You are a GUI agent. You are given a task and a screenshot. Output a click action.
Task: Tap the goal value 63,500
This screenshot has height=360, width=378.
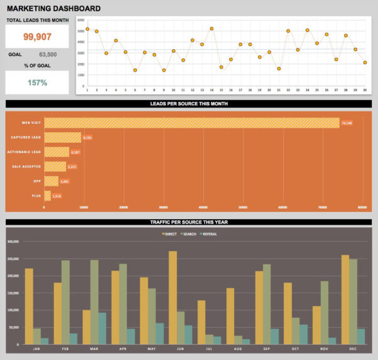pos(48,55)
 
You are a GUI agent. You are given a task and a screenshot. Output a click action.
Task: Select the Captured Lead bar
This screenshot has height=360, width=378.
pos(62,137)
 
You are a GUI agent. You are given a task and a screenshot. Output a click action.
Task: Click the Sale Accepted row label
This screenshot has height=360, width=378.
pos(26,166)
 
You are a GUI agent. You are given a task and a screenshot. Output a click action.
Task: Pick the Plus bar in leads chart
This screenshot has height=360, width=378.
pos(47,196)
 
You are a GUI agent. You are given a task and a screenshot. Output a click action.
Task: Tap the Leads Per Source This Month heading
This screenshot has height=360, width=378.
pos(189,104)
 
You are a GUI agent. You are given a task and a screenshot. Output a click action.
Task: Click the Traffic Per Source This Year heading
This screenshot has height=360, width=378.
pos(189,222)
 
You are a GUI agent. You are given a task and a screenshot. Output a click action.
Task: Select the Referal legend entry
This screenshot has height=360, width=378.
pos(207,233)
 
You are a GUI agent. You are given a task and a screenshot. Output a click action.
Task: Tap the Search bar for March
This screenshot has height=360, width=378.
pos(94,301)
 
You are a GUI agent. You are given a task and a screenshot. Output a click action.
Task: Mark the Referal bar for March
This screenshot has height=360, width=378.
pos(103,327)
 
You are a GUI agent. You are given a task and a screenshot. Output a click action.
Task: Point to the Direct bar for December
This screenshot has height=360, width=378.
pos(345,299)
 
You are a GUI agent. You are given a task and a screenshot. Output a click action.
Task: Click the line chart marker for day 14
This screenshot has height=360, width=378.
pos(211,28)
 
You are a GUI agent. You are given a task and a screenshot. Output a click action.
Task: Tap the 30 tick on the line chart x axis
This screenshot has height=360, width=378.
pos(365,90)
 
